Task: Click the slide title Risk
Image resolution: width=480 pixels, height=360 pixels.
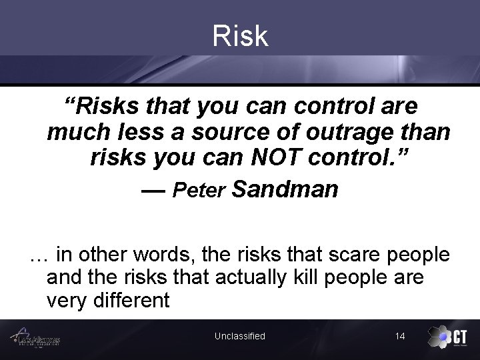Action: point(240,36)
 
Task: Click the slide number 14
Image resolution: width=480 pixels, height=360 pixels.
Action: point(400,336)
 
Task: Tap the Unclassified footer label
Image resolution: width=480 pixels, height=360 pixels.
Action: point(240,336)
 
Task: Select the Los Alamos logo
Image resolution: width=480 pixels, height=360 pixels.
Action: point(40,337)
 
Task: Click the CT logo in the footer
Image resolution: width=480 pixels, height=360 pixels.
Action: point(446,337)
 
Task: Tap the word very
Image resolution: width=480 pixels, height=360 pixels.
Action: point(64,301)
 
